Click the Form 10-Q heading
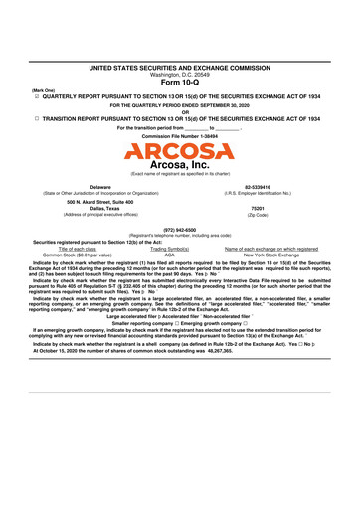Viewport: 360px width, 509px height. click(x=180, y=82)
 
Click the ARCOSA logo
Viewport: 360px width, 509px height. click(x=180, y=151)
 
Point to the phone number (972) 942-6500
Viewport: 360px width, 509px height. click(x=180, y=228)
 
